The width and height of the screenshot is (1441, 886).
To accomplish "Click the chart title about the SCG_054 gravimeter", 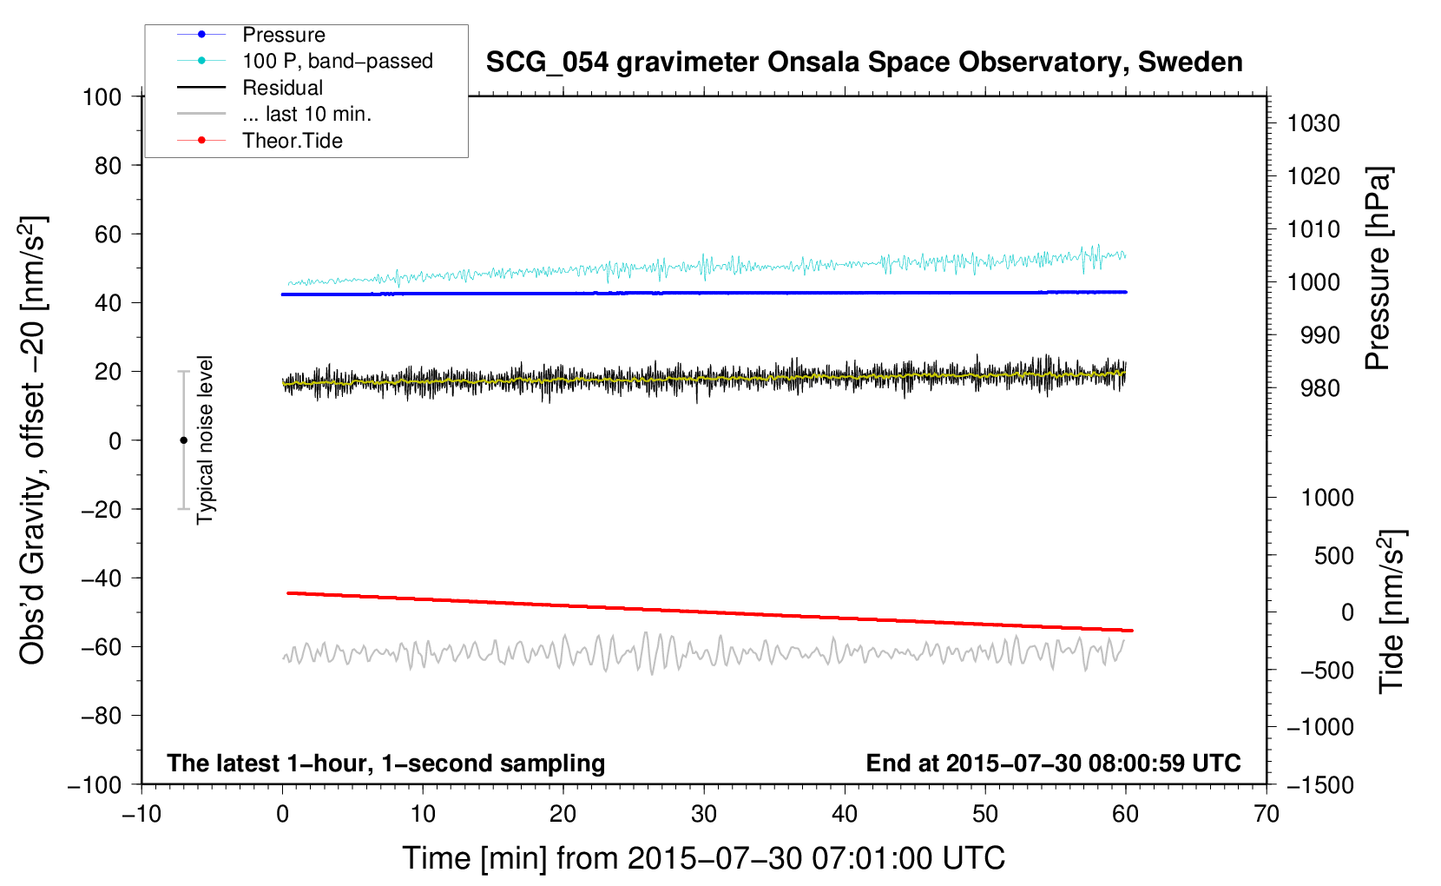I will (864, 63).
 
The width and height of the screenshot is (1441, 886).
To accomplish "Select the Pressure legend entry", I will (283, 35).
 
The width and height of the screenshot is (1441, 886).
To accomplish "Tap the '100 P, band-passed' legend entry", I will (337, 61).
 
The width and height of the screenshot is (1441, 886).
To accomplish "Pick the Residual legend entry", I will (282, 88).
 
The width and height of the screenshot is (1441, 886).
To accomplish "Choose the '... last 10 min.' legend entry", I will (306, 114).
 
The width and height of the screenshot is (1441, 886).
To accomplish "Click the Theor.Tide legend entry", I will (292, 141).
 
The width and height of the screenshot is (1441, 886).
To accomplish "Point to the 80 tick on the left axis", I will (108, 165).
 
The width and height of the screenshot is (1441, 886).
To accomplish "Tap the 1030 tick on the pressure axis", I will (1313, 123).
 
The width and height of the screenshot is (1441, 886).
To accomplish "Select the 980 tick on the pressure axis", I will (1313, 388).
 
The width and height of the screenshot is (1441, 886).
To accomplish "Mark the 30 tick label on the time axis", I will (704, 814).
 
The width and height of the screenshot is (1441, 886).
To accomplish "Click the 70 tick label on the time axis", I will (1267, 814).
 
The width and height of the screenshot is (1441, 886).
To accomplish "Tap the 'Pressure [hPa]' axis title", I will (1378, 269).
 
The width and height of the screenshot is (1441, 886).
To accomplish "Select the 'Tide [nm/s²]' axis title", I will (1392, 611).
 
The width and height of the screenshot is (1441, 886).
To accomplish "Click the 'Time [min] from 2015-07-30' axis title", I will (703, 858).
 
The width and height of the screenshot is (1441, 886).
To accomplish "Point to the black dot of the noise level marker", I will (183, 440).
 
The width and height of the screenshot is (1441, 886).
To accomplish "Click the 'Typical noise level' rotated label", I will (205, 440).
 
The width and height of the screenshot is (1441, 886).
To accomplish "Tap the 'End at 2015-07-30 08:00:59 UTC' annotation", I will (1053, 763).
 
